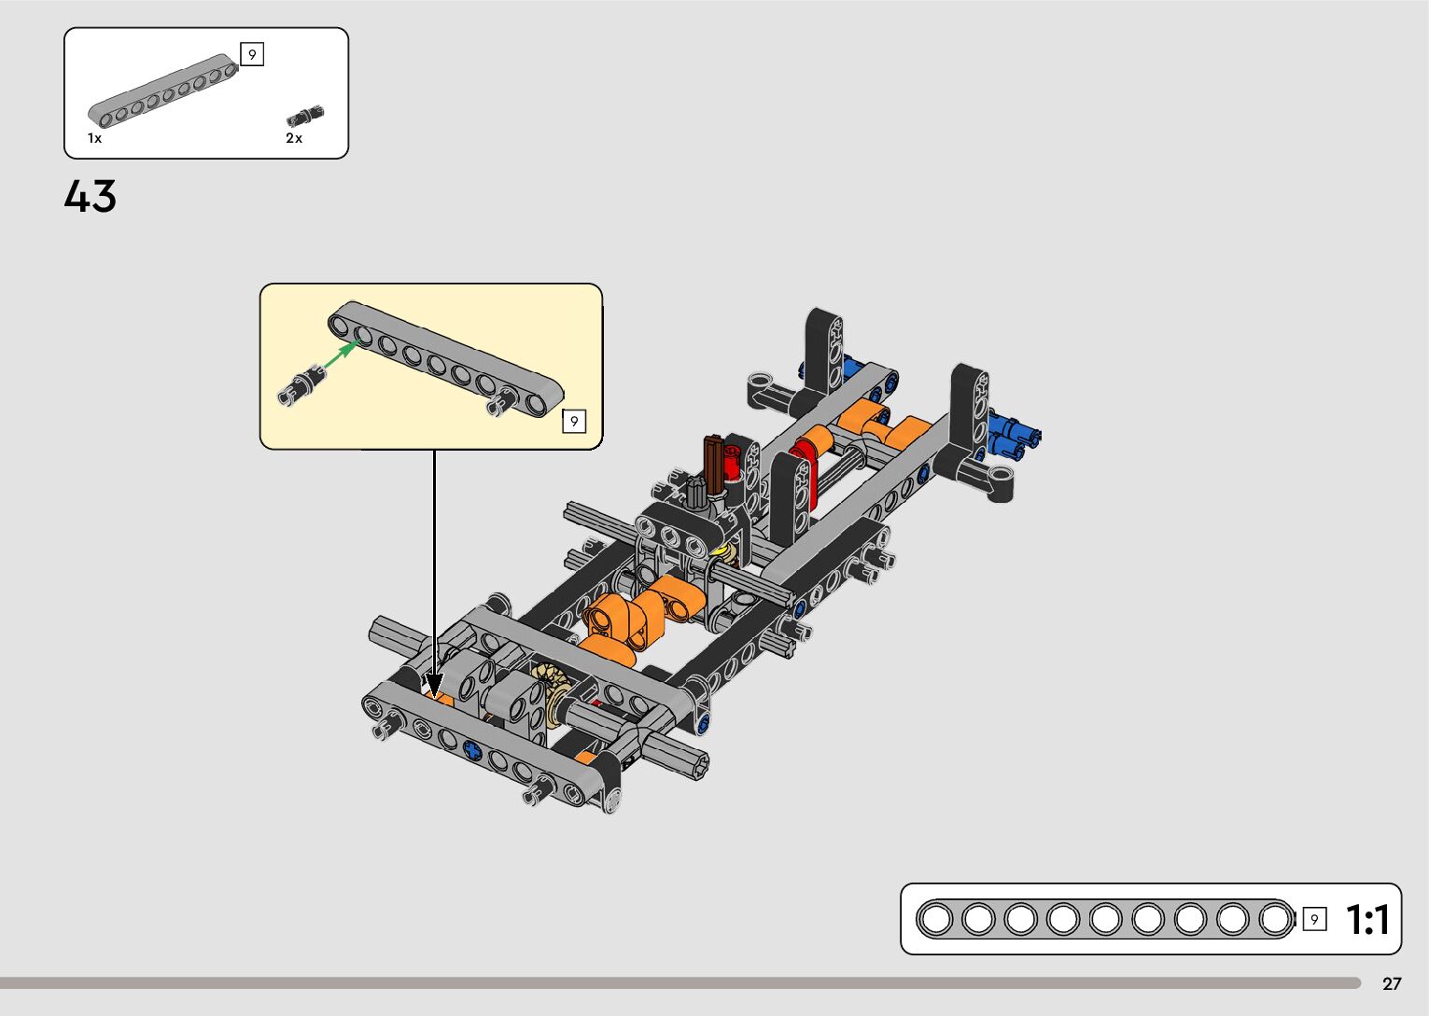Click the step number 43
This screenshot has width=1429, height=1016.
(90, 196)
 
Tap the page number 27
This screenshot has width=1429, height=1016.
(1392, 983)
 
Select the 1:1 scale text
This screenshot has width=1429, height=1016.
(1367, 920)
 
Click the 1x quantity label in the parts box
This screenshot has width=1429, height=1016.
(94, 138)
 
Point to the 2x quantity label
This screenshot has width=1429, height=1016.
(294, 138)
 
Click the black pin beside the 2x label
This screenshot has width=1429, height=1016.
(305, 116)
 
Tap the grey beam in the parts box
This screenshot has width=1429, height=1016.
(163, 90)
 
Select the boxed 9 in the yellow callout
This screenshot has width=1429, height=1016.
(574, 421)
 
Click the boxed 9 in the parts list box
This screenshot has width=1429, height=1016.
(252, 55)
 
